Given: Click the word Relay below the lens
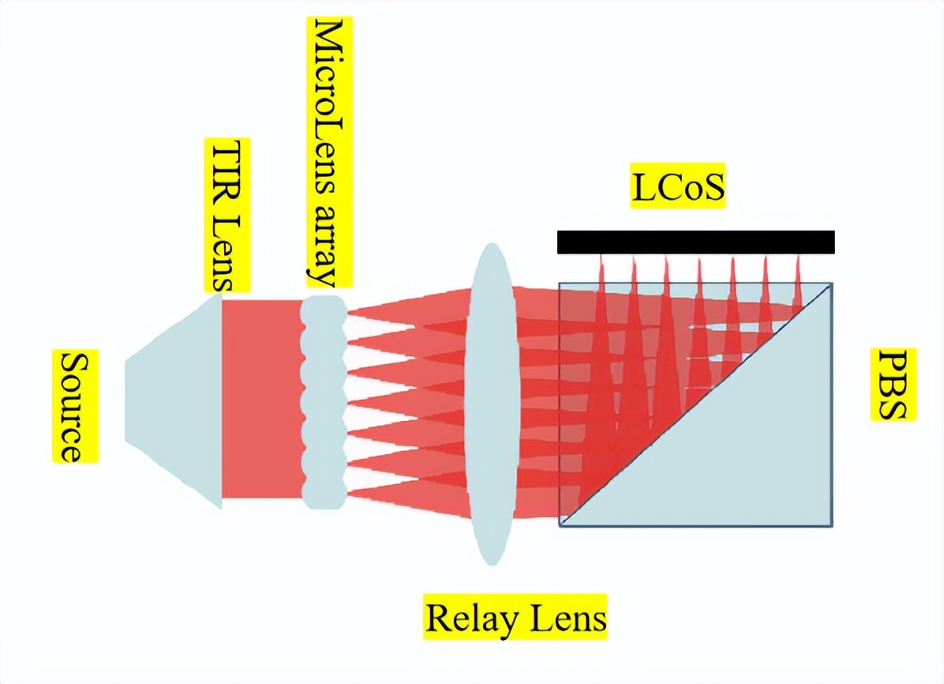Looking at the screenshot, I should [x=466, y=618].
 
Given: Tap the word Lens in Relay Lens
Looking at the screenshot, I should [x=565, y=618].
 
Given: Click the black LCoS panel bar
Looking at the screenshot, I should [x=695, y=242].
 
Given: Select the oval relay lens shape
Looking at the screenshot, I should [x=491, y=404].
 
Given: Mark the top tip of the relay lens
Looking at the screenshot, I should [x=491, y=244].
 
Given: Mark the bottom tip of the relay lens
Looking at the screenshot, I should [x=491, y=564].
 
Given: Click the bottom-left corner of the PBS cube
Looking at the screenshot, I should [x=560, y=525].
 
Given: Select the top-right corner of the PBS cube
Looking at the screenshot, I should [x=832, y=283].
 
